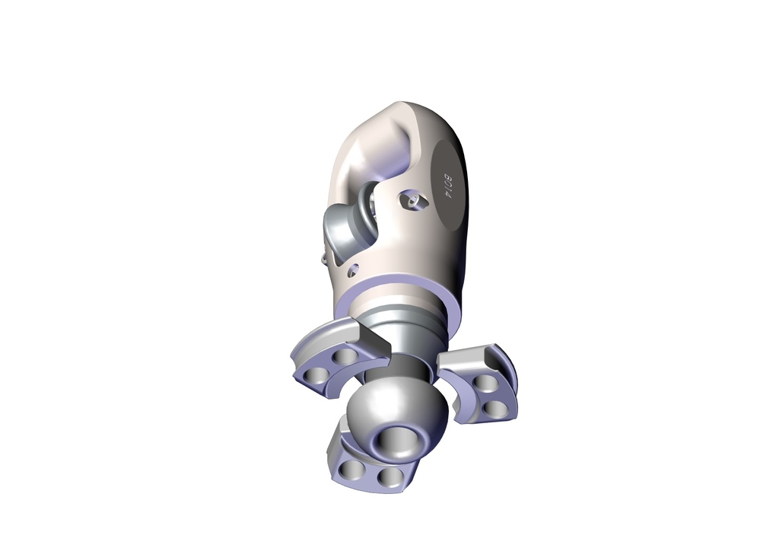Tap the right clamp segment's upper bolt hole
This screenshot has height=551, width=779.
[484, 383]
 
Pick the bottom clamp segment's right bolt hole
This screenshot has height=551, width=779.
[390, 478]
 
